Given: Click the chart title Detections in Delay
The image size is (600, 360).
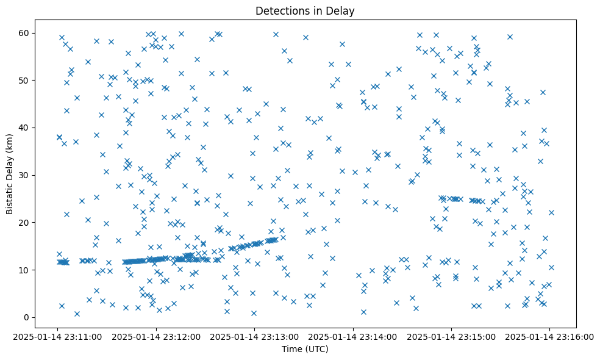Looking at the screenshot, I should [305, 11].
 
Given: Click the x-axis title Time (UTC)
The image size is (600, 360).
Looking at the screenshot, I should [305, 349].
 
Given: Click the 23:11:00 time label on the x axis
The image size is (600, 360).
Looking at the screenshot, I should [58, 336].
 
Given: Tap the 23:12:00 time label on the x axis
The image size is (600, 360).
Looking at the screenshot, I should [157, 336].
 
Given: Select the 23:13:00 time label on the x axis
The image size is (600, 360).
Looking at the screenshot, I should [255, 336].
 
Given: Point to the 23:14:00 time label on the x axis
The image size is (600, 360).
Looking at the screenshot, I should [354, 336].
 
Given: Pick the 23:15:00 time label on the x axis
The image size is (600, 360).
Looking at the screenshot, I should [452, 336].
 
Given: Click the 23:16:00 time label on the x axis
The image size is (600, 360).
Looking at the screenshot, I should [550, 336].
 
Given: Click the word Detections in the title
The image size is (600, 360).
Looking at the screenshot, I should [281, 11].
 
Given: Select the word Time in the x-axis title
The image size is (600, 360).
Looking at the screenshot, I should [291, 349].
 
